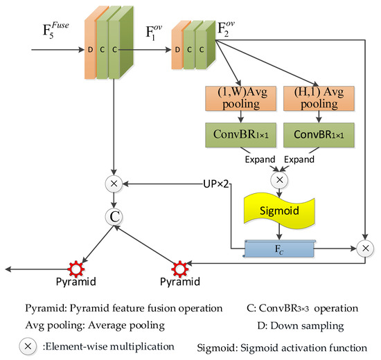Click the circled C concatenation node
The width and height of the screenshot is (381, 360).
click(x=113, y=215)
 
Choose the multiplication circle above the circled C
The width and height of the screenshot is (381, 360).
click(x=113, y=185)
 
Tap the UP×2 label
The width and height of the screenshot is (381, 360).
click(x=216, y=184)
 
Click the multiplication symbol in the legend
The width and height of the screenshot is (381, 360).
click(x=25, y=344)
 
